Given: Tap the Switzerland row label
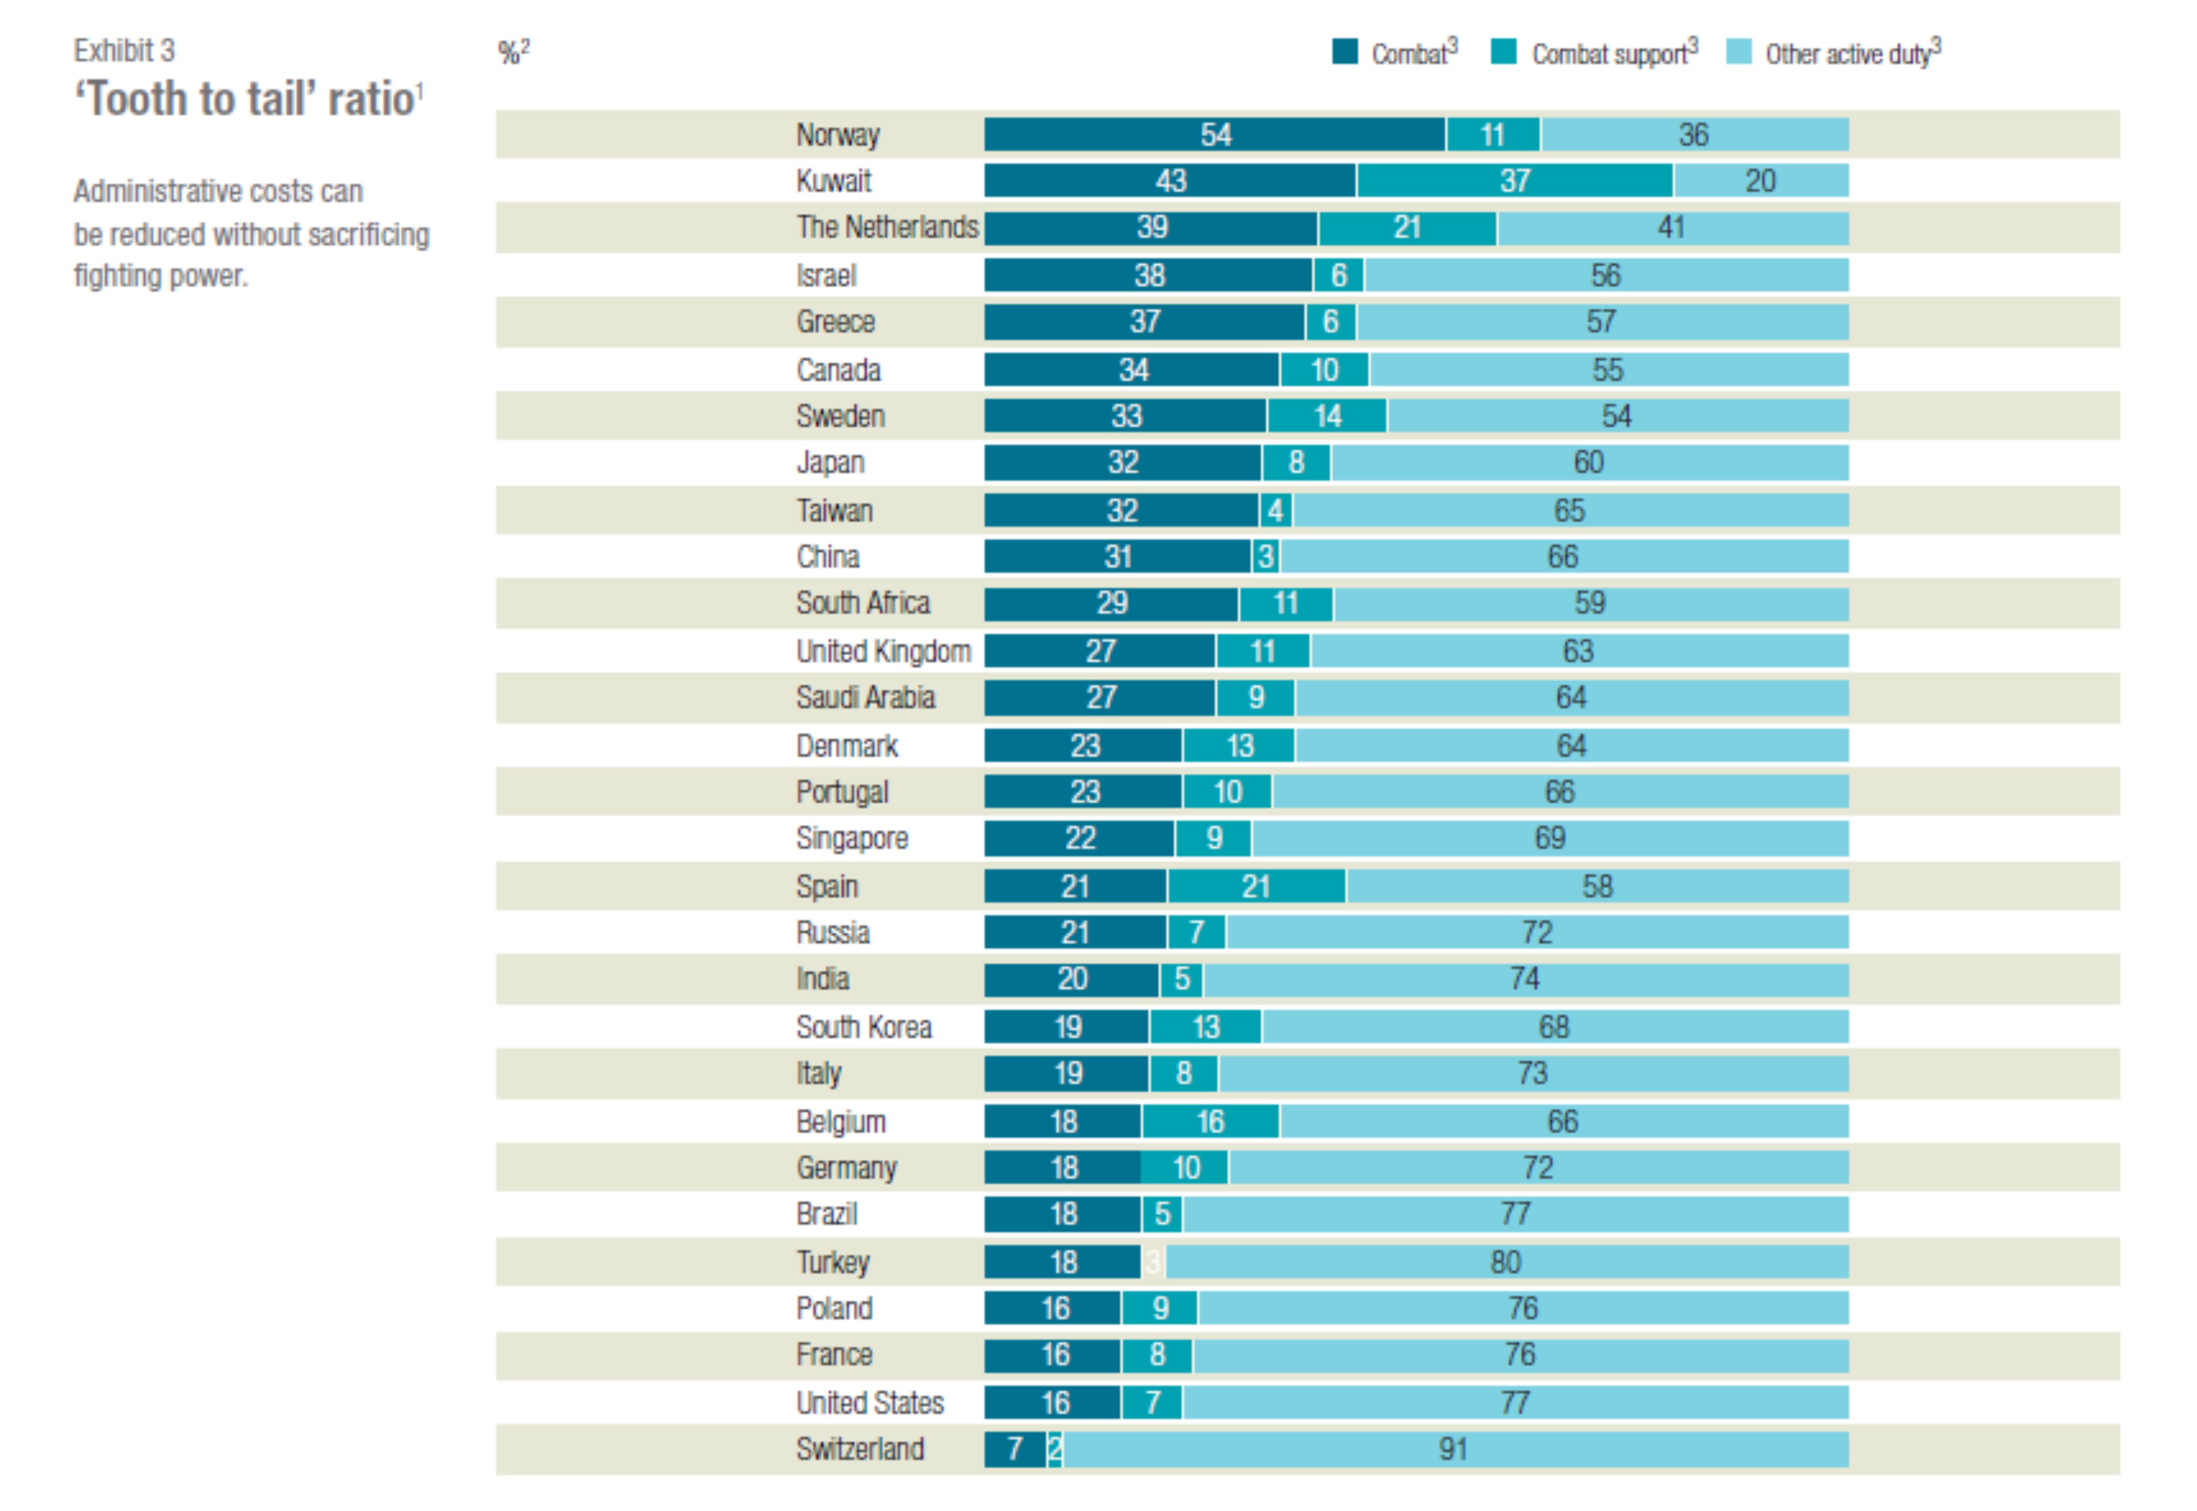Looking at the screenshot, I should click(x=859, y=1448).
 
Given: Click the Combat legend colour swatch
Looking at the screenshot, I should click(x=1344, y=52).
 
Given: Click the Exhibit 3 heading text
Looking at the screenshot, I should click(x=124, y=50).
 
